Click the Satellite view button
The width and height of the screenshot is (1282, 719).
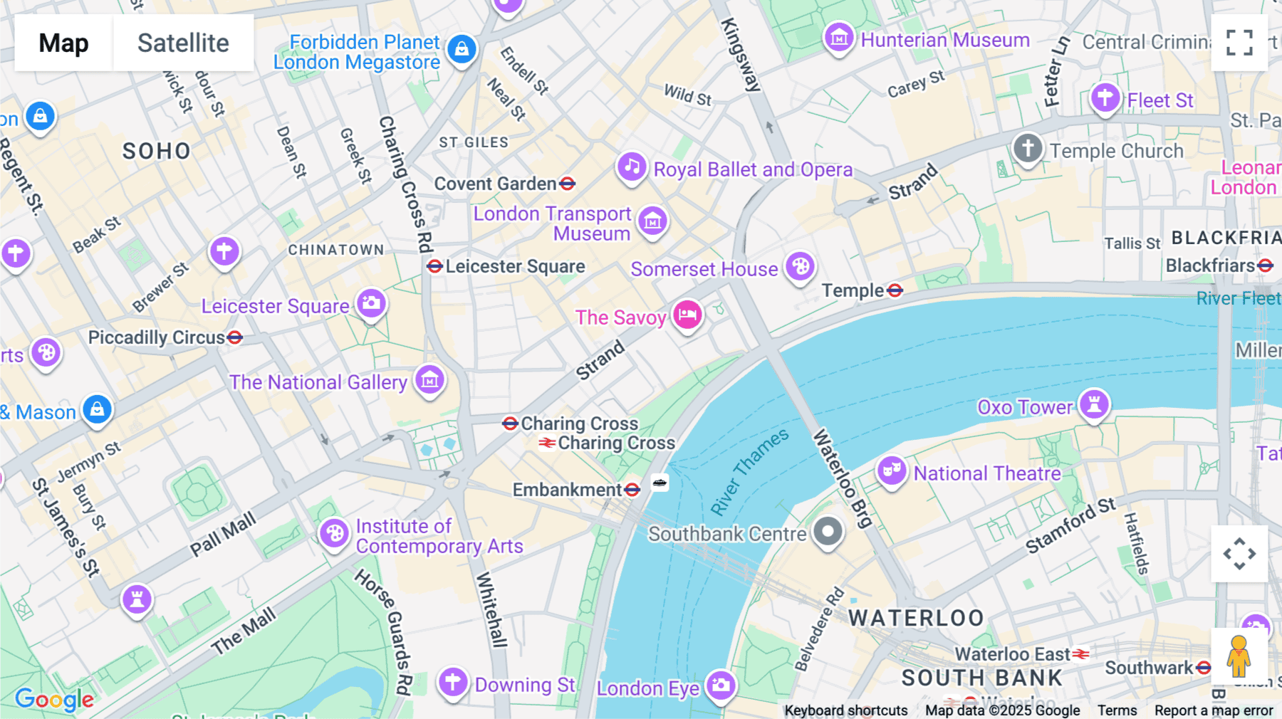[183, 43]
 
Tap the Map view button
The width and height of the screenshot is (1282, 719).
[63, 43]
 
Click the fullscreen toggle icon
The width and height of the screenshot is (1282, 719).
[1239, 43]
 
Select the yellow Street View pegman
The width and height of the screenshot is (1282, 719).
[1239, 656]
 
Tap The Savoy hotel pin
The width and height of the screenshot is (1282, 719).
[687, 315]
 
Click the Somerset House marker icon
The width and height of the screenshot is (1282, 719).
[800, 267]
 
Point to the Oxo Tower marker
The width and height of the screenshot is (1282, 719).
[1094, 404]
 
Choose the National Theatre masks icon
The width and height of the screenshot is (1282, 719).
[891, 471]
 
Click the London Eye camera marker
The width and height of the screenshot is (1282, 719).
[721, 685]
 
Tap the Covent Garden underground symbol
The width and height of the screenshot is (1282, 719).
[568, 184]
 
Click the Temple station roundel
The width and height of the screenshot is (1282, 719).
[895, 290]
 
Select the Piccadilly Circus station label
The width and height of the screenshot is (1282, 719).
[156, 337]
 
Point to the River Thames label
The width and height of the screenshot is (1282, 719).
[749, 471]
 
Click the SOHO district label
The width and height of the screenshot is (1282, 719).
[157, 151]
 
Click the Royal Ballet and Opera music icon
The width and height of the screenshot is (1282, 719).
[631, 167]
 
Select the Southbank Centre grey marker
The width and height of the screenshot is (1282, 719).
[828, 531]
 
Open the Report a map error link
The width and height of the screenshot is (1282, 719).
[1213, 710]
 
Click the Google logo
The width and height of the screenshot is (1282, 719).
[54, 700]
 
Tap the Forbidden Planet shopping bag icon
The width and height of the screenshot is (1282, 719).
[462, 49]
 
